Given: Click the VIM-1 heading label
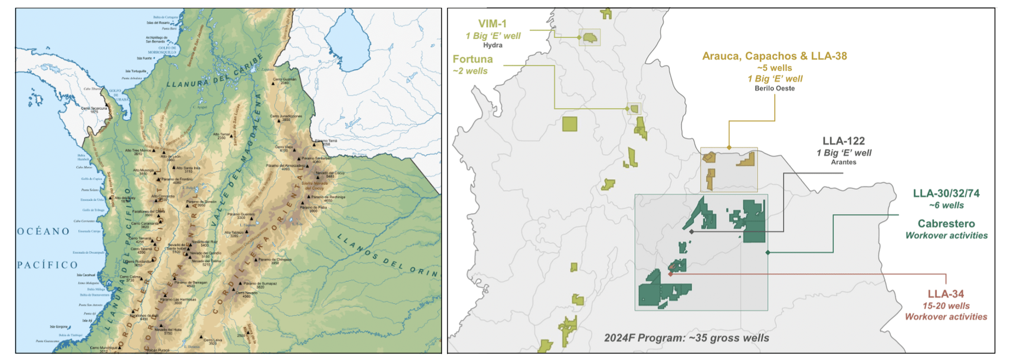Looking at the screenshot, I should click(492, 24).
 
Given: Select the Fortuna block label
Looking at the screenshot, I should click(473, 59).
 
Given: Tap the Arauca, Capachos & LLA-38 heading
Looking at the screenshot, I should click(774, 56).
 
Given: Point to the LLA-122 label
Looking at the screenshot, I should click(843, 141).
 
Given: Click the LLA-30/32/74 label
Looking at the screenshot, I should click(946, 194).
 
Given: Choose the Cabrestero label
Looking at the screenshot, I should click(946, 224).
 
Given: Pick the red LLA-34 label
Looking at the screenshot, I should click(945, 294).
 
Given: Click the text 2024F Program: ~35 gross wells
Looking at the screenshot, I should click(686, 338).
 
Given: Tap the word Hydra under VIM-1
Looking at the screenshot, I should click(493, 45).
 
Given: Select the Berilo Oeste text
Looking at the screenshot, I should click(774, 89).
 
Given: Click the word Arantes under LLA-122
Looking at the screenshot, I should click(843, 162).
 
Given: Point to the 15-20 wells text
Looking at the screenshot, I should click(946, 306).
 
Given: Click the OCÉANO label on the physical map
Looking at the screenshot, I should click(43, 231).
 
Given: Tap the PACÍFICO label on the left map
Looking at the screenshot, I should click(47, 265).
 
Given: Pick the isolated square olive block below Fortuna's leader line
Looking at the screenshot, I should click(569, 124).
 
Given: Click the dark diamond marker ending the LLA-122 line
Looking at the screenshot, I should click(691, 232).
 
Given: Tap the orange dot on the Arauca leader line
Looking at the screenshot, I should click(729, 148).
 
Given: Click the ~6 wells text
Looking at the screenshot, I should click(946, 205).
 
